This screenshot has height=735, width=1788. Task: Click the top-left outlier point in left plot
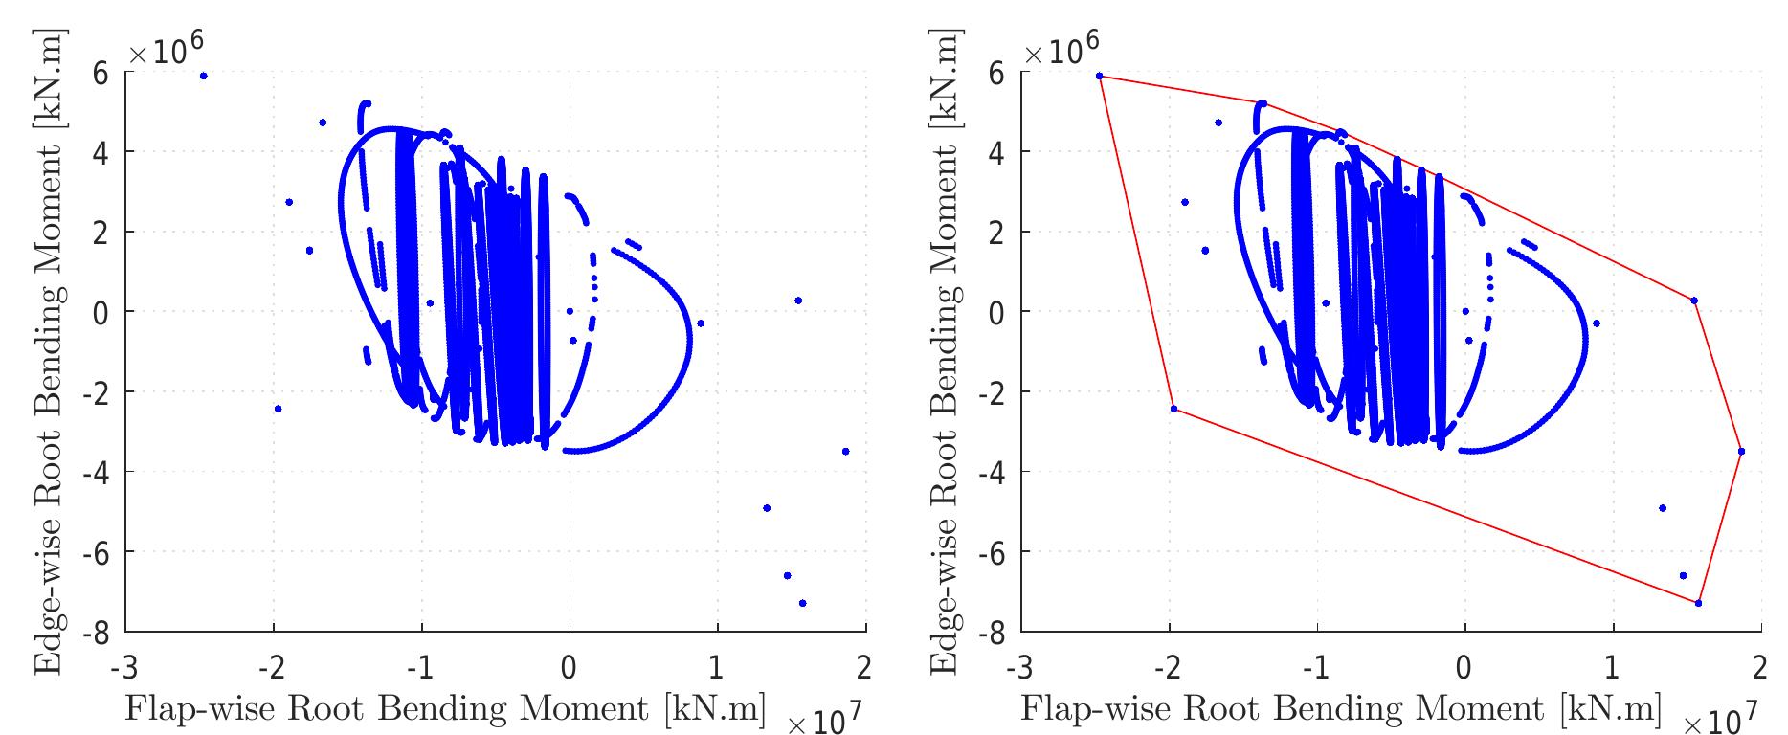[x=203, y=76]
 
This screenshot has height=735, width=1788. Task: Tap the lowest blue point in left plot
[x=802, y=603]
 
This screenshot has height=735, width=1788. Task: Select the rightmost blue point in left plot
[x=845, y=451]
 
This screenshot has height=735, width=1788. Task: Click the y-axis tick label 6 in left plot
[x=101, y=72]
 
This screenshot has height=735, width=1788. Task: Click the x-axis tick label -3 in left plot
[x=122, y=664]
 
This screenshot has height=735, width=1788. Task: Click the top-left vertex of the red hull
[x=1099, y=76]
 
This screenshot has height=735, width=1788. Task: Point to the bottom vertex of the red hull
[x=1698, y=603]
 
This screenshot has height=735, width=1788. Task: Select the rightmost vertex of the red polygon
[x=1741, y=451]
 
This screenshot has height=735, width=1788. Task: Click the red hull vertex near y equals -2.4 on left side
[x=1173, y=409]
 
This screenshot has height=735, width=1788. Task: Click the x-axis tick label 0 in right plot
[x=1464, y=664]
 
